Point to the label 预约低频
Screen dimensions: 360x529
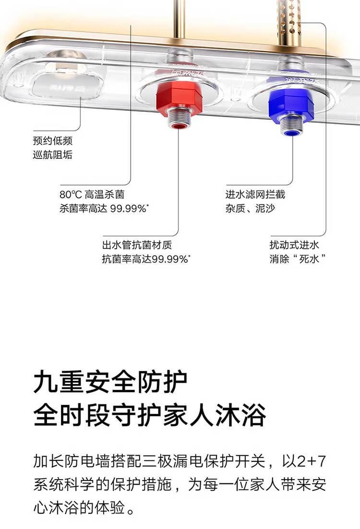pyautogui.click(x=53, y=141)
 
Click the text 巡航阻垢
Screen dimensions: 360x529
pyautogui.click(x=53, y=154)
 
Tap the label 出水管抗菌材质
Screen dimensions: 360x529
pyautogui.click(x=137, y=245)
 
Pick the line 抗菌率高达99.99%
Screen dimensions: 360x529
pyautogui.click(x=146, y=259)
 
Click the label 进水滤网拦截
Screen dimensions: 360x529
pyautogui.click(x=255, y=195)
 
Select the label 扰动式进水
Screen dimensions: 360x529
pyautogui.click(x=294, y=245)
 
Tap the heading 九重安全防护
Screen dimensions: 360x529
pyautogui.click(x=110, y=384)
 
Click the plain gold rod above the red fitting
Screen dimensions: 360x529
pyautogui.click(x=180, y=19)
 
